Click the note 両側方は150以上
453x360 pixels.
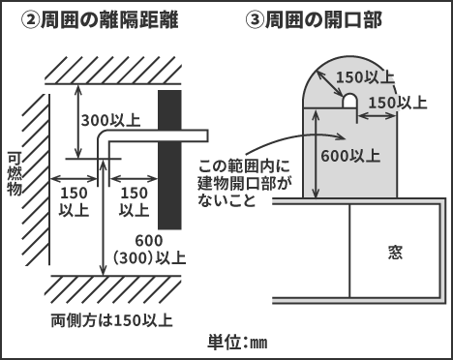pos(112,319)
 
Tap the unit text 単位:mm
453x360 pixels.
pos(237,342)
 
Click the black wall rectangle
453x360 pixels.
pos(169,159)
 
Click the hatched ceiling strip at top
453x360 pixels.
pos(111,70)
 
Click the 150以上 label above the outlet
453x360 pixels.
pos(365,76)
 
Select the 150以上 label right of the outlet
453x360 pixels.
pos(397,100)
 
